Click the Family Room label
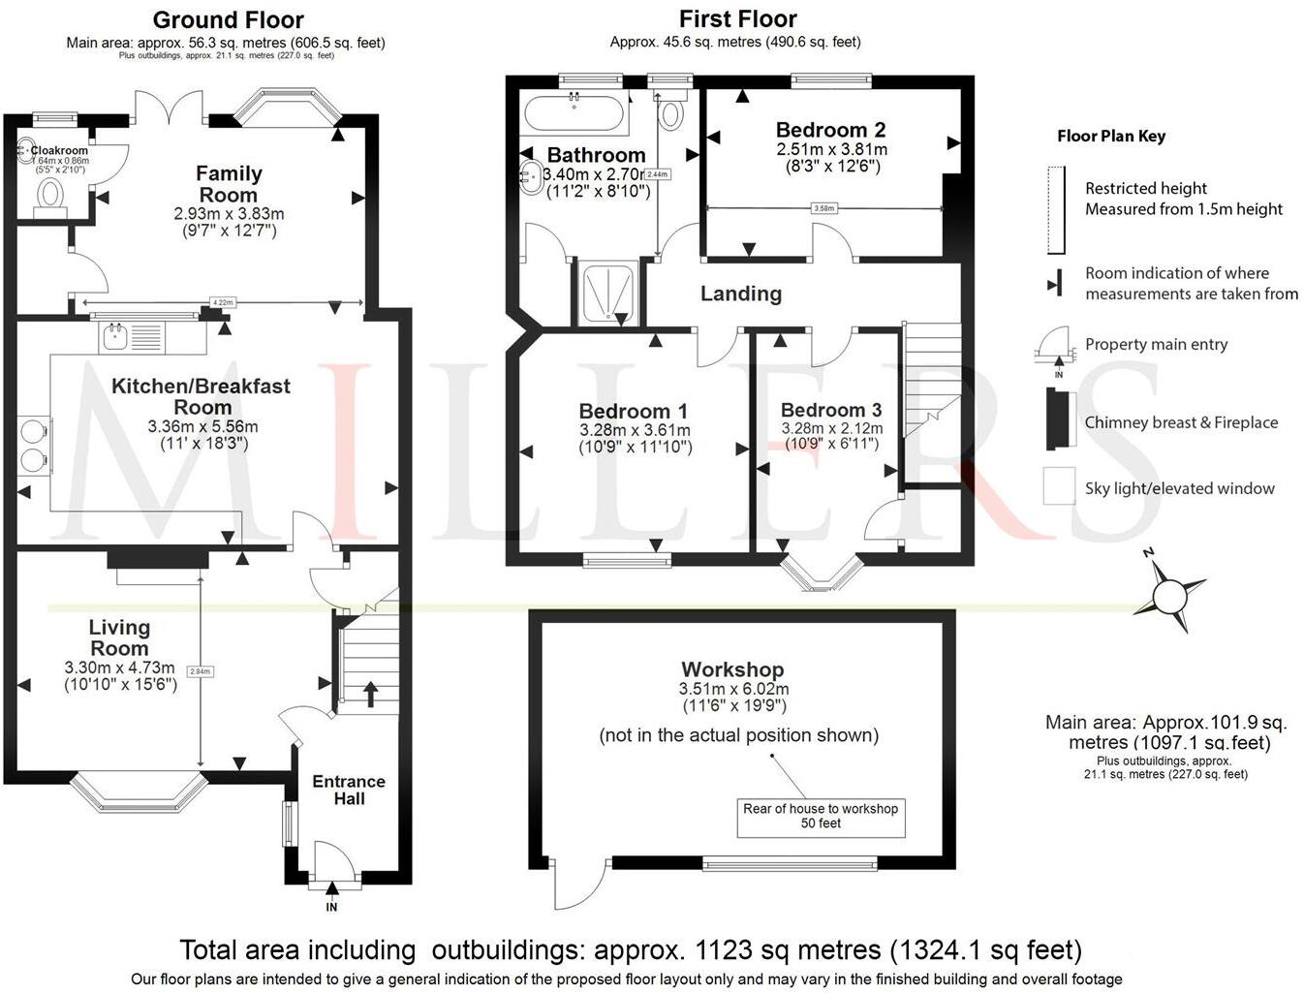point(229,184)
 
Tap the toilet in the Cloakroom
point(47,197)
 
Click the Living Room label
point(119,637)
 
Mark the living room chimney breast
point(157,559)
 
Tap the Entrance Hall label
point(349,790)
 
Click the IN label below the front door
point(331,907)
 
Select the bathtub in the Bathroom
point(574,113)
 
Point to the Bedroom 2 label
point(830,130)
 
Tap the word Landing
point(741,294)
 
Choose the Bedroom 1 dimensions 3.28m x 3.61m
point(635,430)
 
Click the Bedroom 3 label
point(831,410)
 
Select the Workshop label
point(732,669)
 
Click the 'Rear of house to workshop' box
point(821,816)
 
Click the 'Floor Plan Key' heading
point(1111,137)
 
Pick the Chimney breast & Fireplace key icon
point(1060,419)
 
